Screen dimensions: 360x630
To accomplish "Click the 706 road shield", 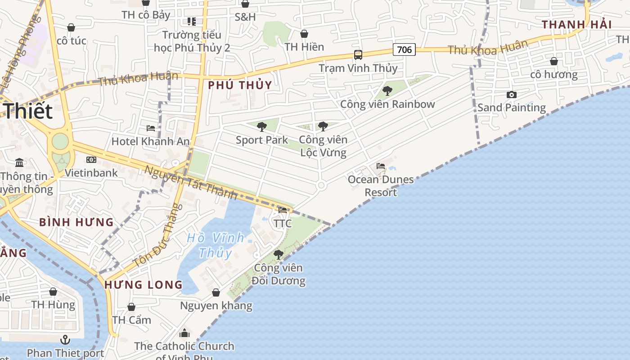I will tap(404, 49).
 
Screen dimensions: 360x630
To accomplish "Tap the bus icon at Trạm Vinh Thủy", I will tap(358, 55).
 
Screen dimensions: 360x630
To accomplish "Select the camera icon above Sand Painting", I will tap(511, 94).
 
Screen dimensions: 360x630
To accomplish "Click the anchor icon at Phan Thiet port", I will tap(66, 339).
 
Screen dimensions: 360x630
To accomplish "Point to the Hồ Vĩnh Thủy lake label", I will tap(216, 245).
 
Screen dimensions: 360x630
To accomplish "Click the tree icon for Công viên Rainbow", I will tap(387, 91).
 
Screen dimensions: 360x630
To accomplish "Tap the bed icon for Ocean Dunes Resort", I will tap(381, 166).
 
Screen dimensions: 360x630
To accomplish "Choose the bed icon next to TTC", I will tap(283, 210).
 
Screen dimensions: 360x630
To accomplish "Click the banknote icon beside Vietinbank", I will tap(91, 160).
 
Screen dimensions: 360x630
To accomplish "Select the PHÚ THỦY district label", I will tap(240, 85).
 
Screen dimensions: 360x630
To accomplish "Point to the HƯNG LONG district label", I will tap(144, 285).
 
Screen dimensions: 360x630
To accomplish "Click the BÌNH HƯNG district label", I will tap(76, 222).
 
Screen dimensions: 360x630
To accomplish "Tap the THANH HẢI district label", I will tap(576, 25).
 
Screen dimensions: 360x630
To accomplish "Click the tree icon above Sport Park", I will tap(262, 127).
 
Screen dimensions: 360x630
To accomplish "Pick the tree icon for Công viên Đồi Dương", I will tap(279, 255).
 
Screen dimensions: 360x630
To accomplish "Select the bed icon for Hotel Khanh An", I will tap(151, 128).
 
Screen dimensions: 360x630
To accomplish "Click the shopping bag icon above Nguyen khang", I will tap(216, 293).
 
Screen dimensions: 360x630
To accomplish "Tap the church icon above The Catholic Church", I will tap(184, 333).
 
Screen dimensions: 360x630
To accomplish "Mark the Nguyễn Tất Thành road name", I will tap(191, 183).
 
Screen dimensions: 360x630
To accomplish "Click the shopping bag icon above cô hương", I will tap(554, 61).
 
